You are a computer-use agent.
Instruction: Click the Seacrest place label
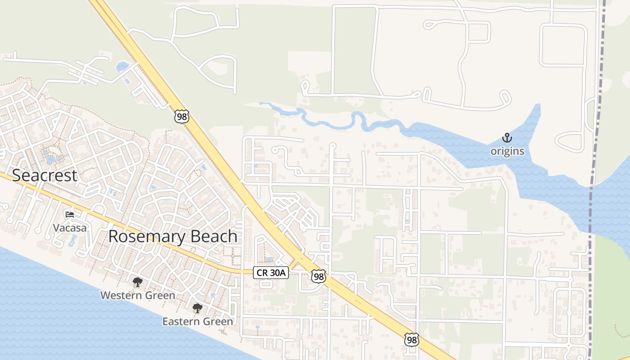tap(45, 175)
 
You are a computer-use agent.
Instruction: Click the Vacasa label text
tap(70, 228)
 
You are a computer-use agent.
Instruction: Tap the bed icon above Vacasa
tap(69, 214)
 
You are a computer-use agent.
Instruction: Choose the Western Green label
tap(137, 296)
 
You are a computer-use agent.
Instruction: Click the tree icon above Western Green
tap(137, 282)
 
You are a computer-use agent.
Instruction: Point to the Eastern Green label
tap(198, 321)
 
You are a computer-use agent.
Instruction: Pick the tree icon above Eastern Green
tap(197, 308)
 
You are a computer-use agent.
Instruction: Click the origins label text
tap(507, 151)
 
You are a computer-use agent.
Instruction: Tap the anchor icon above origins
tap(507, 138)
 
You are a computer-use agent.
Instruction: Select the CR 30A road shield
tap(270, 272)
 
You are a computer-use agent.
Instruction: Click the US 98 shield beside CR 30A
tap(318, 276)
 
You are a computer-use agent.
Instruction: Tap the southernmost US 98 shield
tap(411, 340)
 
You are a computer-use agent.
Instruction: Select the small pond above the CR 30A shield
tap(269, 260)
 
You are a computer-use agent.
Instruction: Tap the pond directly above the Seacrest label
tap(49, 157)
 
